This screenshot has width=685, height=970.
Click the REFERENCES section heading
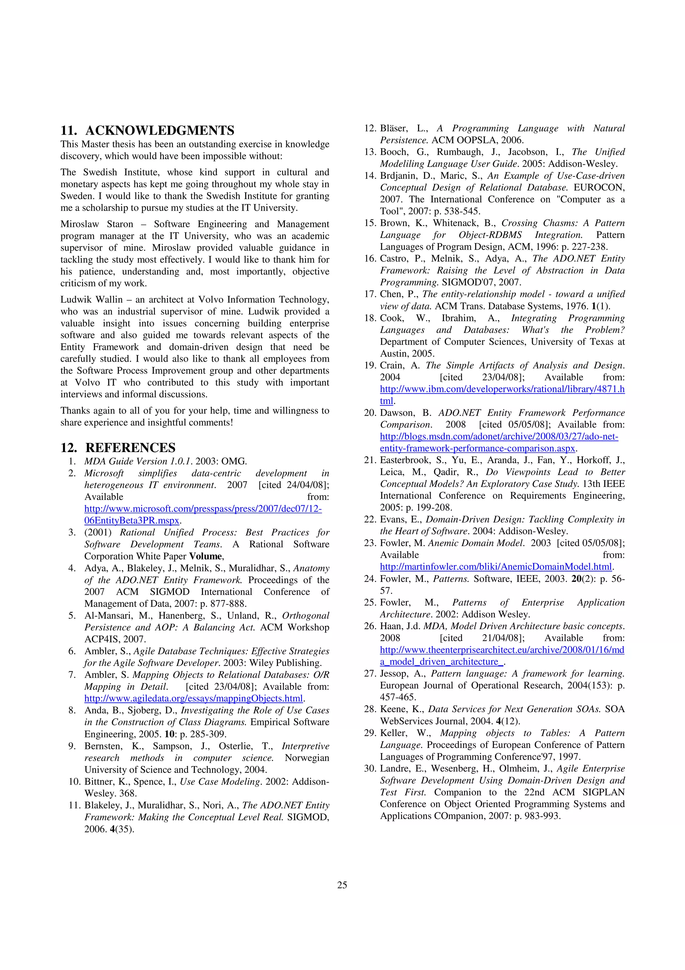[x=130, y=447]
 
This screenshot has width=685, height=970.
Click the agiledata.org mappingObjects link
[x=194, y=698]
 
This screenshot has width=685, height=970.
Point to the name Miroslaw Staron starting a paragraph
[x=97, y=224]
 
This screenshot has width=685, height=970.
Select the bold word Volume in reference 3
[x=205, y=556]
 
